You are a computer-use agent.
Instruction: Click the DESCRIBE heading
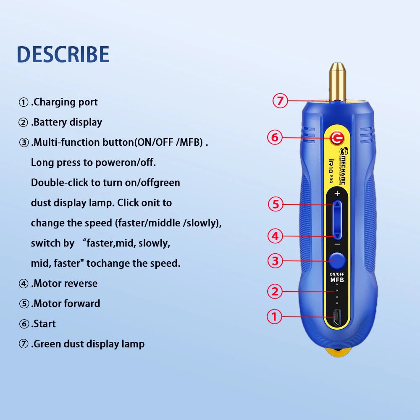63,54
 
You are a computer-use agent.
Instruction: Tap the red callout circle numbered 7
280,101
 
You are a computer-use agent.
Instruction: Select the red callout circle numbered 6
275,137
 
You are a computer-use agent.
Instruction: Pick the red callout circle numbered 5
276,205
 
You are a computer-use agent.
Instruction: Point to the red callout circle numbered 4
275,236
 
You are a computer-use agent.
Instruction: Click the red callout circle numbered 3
275,261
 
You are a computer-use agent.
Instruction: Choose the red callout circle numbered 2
275,291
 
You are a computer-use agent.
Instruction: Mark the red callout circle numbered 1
275,316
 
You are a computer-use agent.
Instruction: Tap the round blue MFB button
337,261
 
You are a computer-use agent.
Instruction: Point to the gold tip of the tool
337,80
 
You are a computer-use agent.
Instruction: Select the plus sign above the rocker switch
337,194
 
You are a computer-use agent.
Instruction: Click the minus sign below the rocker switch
337,244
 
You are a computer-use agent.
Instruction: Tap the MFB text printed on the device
337,280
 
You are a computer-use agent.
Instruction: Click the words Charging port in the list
65,102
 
